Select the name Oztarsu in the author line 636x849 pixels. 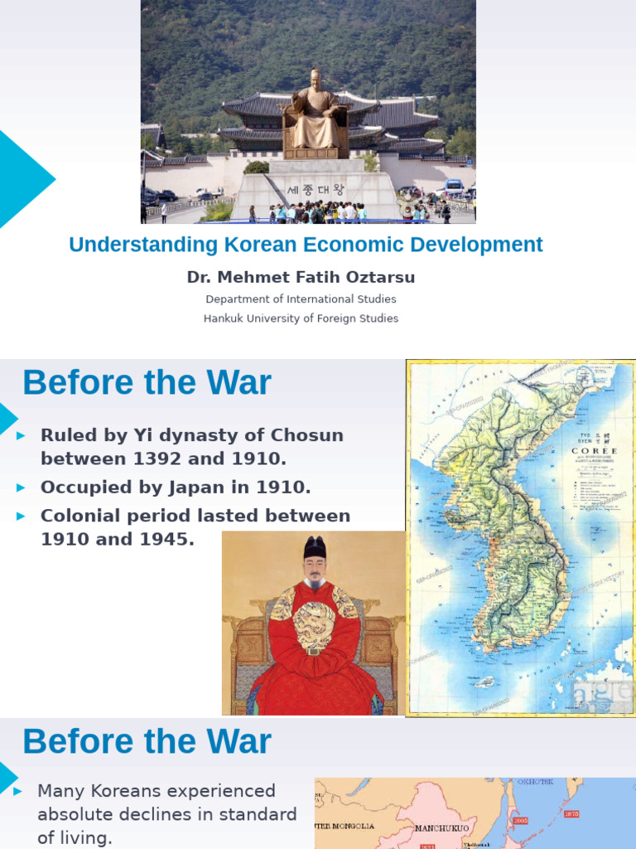[378, 277]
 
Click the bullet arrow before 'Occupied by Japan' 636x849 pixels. [22, 488]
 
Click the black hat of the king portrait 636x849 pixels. [315, 547]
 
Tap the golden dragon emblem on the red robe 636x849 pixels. [315, 623]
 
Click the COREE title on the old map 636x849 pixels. [595, 451]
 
